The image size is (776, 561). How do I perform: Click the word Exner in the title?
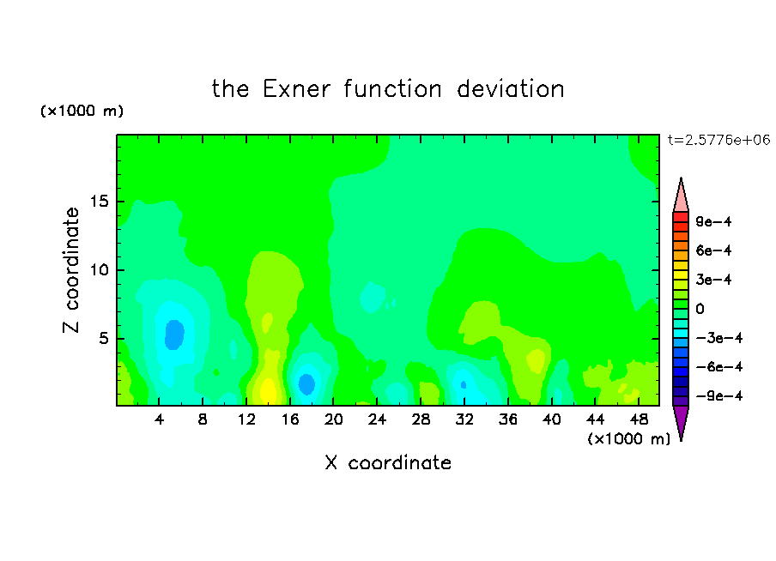pos(296,89)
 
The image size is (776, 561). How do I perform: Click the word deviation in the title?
pos(510,89)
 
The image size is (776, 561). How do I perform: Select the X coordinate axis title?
pos(388,462)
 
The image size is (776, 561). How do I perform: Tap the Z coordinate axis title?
pos(70,270)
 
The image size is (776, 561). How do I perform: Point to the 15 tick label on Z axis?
pos(99,202)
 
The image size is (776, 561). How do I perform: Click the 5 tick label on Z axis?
pos(103,338)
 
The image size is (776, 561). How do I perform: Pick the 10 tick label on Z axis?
pos(99,270)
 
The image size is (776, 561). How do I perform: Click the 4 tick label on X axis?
pos(159,419)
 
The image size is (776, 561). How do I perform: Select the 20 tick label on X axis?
pos(333,419)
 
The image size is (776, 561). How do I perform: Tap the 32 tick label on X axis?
pos(464,419)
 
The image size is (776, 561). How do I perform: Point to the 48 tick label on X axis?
pos(639,419)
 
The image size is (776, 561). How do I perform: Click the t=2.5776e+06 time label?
pos(718,140)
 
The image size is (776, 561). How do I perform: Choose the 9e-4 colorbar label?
pos(713,221)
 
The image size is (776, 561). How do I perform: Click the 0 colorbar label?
pos(700,309)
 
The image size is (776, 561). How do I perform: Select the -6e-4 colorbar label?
pos(719,367)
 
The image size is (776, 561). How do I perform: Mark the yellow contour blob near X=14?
pos(268,389)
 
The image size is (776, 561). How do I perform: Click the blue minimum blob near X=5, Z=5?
pos(174,335)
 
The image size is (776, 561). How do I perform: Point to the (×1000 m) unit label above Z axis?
pos(82,111)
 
